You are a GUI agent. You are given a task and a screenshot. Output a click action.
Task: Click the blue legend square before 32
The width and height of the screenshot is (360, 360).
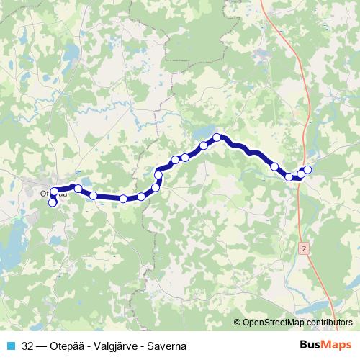[12, 346]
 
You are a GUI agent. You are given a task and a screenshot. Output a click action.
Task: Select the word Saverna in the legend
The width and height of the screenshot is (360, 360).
[166, 346]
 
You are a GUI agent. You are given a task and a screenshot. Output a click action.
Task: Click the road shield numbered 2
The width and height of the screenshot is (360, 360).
[305, 247]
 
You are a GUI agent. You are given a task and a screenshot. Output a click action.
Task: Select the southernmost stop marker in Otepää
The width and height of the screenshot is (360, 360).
[52, 203]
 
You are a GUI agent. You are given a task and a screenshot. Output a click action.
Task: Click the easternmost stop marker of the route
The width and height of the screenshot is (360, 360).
[308, 170]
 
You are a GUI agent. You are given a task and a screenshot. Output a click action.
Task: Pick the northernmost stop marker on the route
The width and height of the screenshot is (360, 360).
[216, 138]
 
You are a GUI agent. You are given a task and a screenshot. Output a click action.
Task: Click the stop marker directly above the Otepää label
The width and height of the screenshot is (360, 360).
[54, 192]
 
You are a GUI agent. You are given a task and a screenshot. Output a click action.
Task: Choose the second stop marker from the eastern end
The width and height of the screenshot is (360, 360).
[302, 173]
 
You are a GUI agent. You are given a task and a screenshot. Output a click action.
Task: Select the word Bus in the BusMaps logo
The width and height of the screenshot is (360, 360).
[307, 346]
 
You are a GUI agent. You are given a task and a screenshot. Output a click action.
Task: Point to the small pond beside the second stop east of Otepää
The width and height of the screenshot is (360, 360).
[86, 182]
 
